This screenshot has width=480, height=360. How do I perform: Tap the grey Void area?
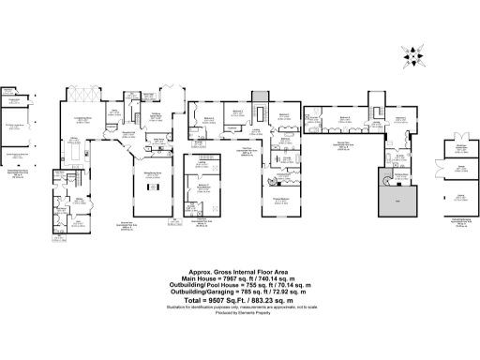tap(395, 202)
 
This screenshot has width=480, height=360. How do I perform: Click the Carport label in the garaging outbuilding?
tap(461, 196)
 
